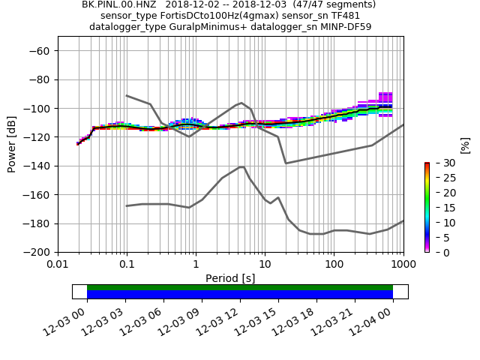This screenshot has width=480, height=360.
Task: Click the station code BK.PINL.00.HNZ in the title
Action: click(118, 4)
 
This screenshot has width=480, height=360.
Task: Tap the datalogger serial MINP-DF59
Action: click(341, 27)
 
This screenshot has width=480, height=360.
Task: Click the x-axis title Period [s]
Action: click(230, 278)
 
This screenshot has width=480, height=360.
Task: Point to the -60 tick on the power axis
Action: click(42, 51)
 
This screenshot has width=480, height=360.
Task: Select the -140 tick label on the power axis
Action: click(39, 166)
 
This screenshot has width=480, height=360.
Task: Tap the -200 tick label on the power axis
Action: click(39, 253)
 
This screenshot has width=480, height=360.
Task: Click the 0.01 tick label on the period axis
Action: click(58, 265)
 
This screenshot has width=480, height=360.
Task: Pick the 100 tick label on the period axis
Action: click(334, 265)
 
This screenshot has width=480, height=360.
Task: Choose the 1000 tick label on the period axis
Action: click(403, 265)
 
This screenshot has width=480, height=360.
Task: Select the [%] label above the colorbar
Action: click(465, 145)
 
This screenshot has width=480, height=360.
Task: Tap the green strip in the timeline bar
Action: click(240, 287)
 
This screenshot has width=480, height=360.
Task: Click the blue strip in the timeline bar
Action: click(240, 295)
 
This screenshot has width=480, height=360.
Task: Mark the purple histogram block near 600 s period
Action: click(385, 97)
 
